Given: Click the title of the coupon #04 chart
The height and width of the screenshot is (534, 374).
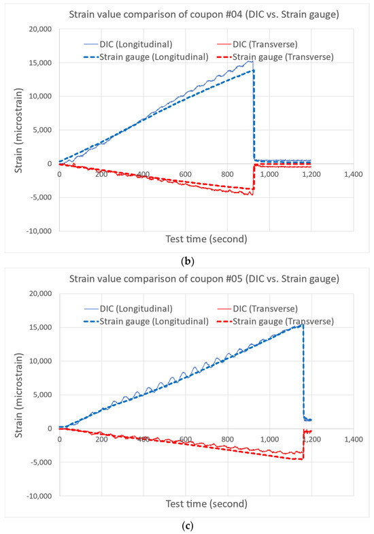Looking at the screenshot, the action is click(x=204, y=15).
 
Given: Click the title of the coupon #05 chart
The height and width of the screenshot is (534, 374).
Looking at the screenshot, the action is click(x=204, y=279).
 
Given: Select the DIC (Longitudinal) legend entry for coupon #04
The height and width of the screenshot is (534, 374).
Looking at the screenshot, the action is click(x=129, y=44).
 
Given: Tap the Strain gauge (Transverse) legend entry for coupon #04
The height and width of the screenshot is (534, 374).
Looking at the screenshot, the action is click(x=275, y=57).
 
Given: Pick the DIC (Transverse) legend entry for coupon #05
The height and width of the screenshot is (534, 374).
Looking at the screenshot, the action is click(x=257, y=309).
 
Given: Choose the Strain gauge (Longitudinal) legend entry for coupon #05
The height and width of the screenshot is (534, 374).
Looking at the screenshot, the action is click(x=146, y=322).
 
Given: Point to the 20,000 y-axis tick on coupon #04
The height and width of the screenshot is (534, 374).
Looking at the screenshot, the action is click(x=40, y=29).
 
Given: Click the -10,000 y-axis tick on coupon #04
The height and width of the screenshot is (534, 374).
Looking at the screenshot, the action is click(x=39, y=231).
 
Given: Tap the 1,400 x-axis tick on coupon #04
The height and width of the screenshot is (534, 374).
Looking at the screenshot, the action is click(x=354, y=174).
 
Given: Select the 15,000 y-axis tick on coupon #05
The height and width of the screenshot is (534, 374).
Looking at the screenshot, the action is click(x=40, y=328).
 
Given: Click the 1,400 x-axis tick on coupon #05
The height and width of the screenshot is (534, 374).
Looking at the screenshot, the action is click(x=354, y=439).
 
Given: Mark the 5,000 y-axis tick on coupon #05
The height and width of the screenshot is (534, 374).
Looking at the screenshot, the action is click(x=42, y=395).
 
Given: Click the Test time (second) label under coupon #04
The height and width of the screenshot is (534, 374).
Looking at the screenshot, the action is click(x=206, y=239).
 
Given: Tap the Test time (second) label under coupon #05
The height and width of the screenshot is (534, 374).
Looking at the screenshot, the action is click(x=206, y=503).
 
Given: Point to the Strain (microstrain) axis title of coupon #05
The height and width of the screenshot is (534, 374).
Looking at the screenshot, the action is click(x=19, y=395).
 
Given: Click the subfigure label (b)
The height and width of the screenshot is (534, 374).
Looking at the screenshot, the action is click(x=187, y=261).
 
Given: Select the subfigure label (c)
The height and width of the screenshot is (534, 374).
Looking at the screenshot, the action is click(x=187, y=526).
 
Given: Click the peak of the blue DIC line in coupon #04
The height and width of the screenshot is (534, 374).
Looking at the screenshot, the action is click(x=251, y=61).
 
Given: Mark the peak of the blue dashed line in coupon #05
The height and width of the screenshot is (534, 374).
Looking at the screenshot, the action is click(x=303, y=324).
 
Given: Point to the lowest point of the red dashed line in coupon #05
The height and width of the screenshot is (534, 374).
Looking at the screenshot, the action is click(x=299, y=459).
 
